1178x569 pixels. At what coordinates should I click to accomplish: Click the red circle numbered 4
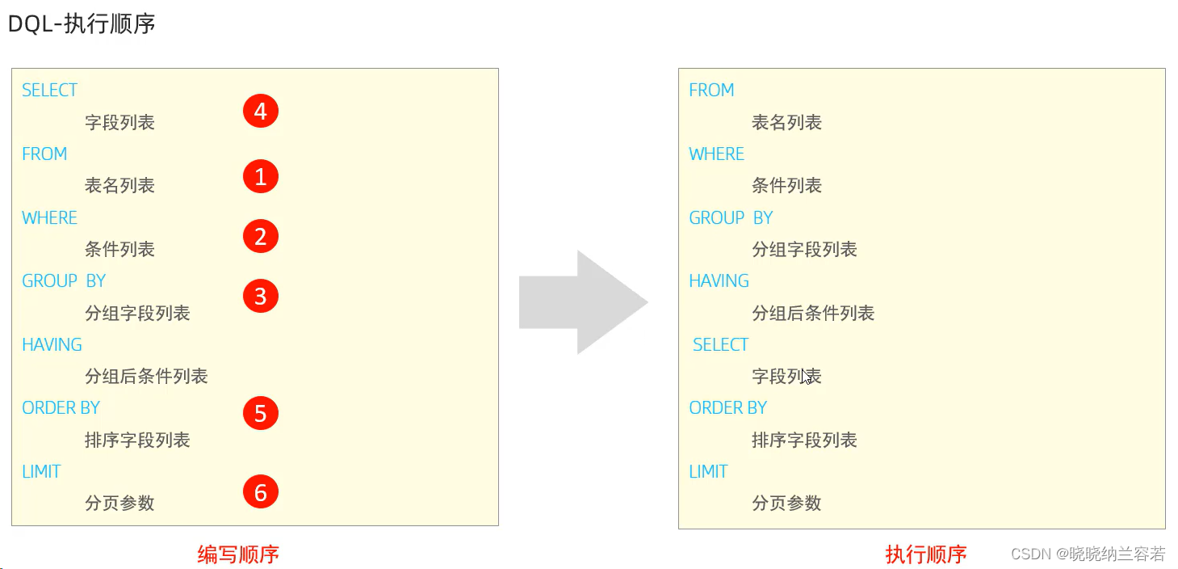pos(260,111)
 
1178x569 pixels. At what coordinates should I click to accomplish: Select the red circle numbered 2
pos(260,236)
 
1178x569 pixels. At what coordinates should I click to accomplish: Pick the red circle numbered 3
pos(260,296)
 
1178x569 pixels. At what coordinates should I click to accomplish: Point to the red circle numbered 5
pos(260,413)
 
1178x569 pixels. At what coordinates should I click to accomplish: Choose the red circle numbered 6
pos(260,491)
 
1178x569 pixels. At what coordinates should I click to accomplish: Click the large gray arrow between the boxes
pos(583,302)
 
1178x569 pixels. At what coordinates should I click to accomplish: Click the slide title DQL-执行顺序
pos(82,24)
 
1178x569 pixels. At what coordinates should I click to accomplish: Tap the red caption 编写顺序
pos(238,554)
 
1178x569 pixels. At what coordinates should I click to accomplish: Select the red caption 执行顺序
pos(926,554)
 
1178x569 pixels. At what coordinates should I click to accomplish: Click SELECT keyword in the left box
pos(49,91)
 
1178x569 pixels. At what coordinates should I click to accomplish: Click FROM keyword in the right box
pos(711,91)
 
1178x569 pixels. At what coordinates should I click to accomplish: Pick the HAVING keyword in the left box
pos(52,345)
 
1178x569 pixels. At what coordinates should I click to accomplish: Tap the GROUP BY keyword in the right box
pos(731,218)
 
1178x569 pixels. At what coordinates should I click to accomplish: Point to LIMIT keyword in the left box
pos(41,472)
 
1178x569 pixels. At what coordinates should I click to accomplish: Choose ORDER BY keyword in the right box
pos(727,408)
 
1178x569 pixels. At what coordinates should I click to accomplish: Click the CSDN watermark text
pos(1088,554)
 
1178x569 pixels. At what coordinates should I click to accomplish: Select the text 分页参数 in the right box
pos(786,504)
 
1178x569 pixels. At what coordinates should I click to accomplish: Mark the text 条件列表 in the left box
pos(119,250)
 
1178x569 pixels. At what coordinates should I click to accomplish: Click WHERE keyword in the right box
pos(716,154)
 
